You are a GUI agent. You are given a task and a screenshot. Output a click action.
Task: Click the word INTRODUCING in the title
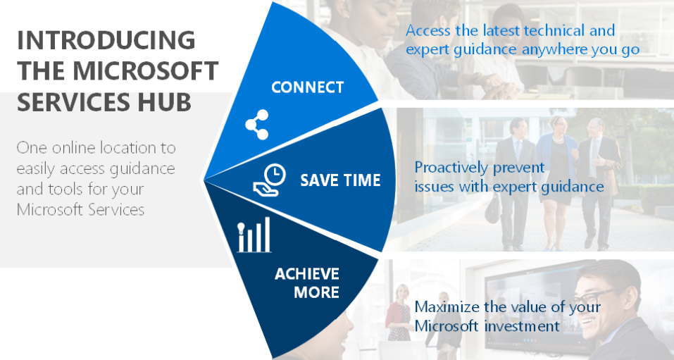[106, 40]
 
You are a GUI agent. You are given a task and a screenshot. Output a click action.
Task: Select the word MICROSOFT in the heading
[146, 71]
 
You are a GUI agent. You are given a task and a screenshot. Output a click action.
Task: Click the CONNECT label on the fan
[307, 87]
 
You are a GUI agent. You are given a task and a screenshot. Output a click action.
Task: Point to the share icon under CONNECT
[257, 125]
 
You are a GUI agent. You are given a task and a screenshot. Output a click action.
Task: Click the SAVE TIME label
[340, 180]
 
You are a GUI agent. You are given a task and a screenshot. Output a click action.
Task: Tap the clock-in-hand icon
[270, 180]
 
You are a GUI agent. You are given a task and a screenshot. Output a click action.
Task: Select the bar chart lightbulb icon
[254, 235]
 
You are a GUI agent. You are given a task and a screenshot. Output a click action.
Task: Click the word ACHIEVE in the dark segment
[307, 274]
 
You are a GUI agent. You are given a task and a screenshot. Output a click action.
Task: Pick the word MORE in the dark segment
[317, 292]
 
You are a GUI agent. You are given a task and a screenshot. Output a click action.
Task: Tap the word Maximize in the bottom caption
[447, 306]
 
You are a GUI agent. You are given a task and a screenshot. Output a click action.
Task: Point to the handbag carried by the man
[492, 209]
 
